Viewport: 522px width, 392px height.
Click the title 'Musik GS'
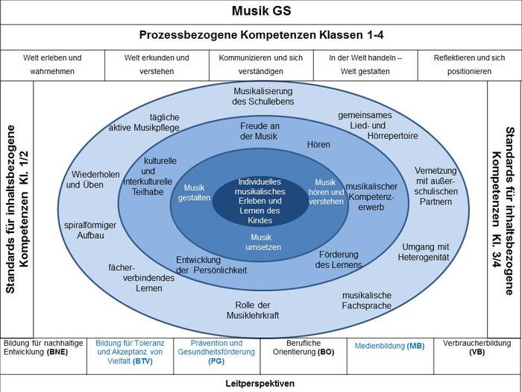click(x=261, y=12)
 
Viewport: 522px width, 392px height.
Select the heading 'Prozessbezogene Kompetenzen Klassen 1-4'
click(x=261, y=35)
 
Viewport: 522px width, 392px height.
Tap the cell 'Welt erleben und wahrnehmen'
click(x=52, y=64)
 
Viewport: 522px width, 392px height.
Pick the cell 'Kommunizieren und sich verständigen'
click(x=261, y=64)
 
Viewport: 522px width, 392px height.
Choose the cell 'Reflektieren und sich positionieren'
click(x=469, y=64)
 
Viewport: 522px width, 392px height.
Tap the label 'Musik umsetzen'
click(x=260, y=242)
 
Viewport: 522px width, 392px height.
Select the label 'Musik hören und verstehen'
click(x=325, y=192)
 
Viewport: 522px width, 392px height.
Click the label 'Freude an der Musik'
click(x=260, y=131)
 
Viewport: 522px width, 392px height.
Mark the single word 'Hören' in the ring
click(x=318, y=144)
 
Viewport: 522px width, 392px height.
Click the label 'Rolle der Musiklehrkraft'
click(x=252, y=310)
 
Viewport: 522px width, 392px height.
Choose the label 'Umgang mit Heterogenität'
click(x=425, y=252)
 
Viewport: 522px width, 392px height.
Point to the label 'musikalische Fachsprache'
click(x=366, y=300)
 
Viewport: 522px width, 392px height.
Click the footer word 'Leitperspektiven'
click(x=260, y=384)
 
